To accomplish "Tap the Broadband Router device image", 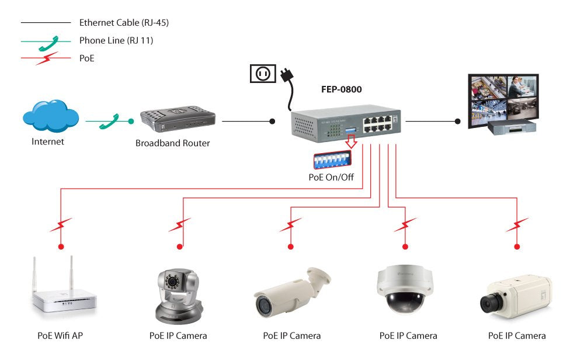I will (x=179, y=117).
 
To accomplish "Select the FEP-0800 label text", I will (x=341, y=89).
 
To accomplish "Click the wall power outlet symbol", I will (x=262, y=74).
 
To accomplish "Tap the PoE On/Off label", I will (x=331, y=177).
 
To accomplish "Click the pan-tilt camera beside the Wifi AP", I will (x=178, y=295).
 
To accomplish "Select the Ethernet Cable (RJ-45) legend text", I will (x=124, y=23).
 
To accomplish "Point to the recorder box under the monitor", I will (x=513, y=127).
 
